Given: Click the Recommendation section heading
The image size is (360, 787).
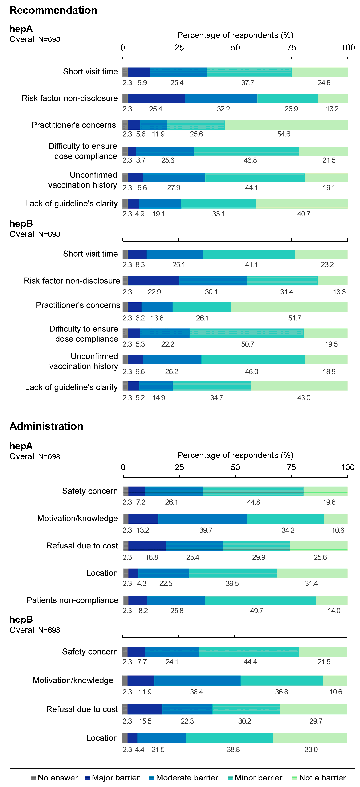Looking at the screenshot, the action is (x=53, y=10).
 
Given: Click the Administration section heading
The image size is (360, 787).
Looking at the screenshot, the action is (x=46, y=426).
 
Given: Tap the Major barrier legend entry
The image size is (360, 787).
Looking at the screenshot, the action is (x=112, y=778).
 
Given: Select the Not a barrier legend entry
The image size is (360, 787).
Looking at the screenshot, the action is (x=319, y=778).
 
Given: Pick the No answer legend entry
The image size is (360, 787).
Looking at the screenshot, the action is (x=54, y=778).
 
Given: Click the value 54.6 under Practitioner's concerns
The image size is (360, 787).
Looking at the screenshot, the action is (x=284, y=134).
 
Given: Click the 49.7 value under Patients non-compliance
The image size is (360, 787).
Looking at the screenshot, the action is (x=256, y=611).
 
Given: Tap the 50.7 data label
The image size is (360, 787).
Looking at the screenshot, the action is (x=248, y=344).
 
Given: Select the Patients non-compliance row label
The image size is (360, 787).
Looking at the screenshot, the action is (x=72, y=600).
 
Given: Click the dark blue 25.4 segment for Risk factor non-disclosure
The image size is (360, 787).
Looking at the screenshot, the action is (x=156, y=99).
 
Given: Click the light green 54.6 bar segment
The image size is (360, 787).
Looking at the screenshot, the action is (x=286, y=125).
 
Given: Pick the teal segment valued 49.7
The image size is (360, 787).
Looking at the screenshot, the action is (x=260, y=601).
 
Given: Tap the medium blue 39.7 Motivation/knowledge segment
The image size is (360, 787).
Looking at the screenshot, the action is (x=203, y=519).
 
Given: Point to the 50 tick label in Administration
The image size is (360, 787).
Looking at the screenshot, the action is (x=235, y=467).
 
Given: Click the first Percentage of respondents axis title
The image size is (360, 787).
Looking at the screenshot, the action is (x=235, y=35).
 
